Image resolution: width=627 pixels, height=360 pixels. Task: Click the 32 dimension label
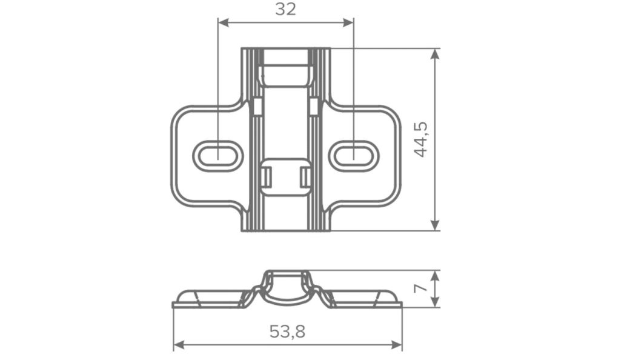tap(285, 9)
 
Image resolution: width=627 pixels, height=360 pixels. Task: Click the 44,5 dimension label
tap(420, 139)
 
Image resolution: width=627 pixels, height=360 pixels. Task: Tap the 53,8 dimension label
tap(287, 332)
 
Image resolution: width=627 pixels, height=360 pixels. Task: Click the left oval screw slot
tap(218, 155)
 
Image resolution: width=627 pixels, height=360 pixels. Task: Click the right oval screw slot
tap(354, 155)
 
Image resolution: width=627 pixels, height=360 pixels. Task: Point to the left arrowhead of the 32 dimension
tap(223, 23)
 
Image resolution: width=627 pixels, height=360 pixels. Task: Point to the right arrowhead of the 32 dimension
tap(348, 23)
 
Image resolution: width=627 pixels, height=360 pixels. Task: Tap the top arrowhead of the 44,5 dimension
tap(434, 54)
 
